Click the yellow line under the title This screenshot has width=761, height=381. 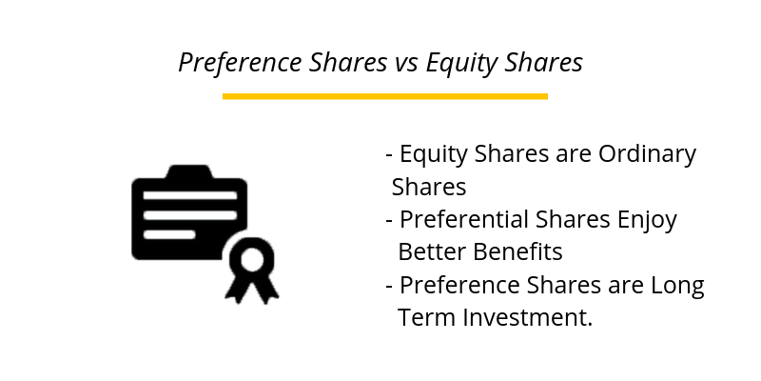coord(384,96)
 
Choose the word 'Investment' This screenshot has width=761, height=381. coord(527,317)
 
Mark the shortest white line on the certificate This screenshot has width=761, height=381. coord(168,233)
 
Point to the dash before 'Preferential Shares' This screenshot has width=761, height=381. coord(389,221)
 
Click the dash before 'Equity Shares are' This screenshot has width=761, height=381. coord(389,155)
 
